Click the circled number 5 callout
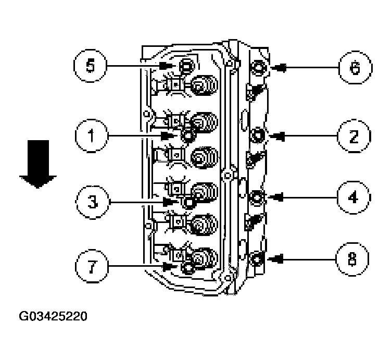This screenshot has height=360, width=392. click(90, 66)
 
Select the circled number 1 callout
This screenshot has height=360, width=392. click(91, 136)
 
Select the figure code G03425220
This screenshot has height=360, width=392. click(53, 316)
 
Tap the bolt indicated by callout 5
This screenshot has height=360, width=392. click(185, 66)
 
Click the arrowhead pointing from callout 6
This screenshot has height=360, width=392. click(277, 68)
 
